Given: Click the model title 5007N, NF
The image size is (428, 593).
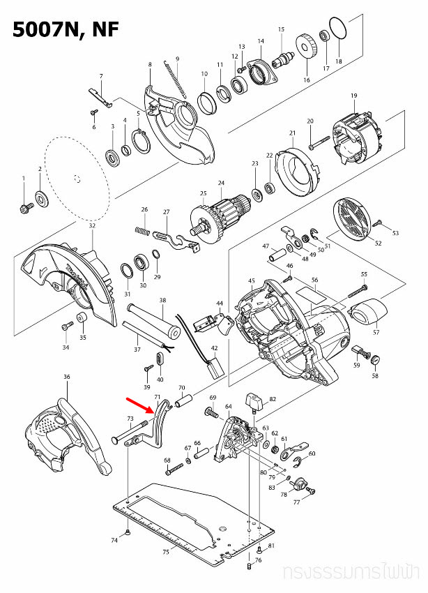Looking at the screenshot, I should point(63,29).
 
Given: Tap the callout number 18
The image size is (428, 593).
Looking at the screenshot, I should point(339,62).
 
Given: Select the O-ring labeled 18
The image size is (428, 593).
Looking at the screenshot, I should point(337,31).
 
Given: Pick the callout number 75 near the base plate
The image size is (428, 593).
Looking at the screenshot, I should point(165,552).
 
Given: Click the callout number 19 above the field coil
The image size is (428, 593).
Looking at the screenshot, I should point(353,96).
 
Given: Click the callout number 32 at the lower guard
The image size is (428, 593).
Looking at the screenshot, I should point(92,226).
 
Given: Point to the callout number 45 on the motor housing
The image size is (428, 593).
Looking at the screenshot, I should point(252,280).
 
